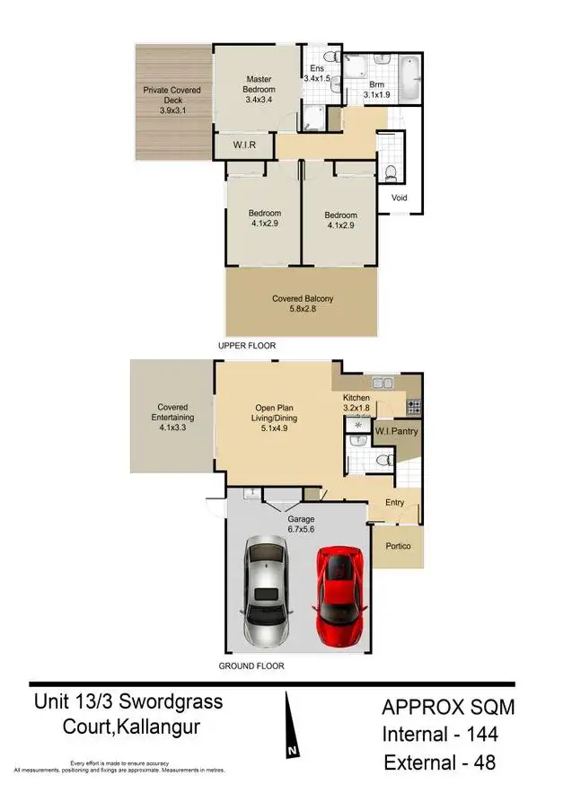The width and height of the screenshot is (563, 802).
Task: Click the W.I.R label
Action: tap(240, 145)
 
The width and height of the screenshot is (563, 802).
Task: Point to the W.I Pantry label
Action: tap(396, 432)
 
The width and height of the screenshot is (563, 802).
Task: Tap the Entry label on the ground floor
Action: tap(393, 504)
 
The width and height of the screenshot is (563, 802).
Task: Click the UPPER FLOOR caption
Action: tap(247, 346)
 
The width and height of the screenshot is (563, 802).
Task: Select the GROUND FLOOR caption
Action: tap(251, 666)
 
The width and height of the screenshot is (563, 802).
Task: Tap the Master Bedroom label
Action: tap(260, 85)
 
